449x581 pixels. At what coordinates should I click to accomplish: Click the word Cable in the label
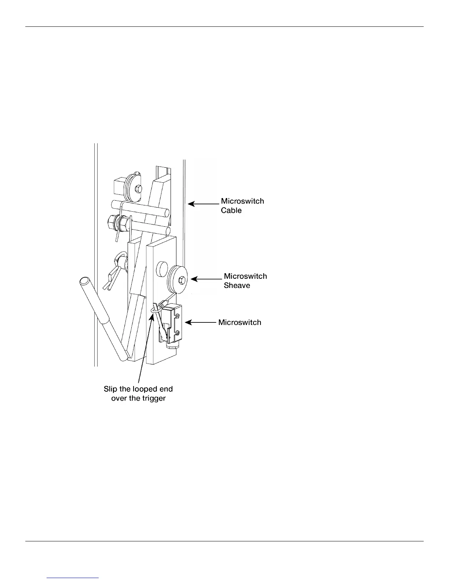[x=231, y=211]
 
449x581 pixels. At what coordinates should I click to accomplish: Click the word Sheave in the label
[x=237, y=285]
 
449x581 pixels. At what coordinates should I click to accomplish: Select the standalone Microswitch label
[x=240, y=322]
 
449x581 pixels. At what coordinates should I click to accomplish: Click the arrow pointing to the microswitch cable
[x=203, y=203]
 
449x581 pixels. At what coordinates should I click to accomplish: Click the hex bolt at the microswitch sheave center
[x=181, y=281]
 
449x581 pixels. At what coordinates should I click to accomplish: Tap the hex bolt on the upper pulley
[x=138, y=189]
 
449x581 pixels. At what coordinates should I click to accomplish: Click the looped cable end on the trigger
[x=156, y=310]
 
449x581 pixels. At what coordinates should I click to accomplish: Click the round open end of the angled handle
[x=84, y=282]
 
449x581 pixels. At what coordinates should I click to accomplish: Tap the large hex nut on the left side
[x=113, y=221]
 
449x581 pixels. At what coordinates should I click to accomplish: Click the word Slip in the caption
[x=111, y=389]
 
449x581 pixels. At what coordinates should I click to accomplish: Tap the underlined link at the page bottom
[x=73, y=578]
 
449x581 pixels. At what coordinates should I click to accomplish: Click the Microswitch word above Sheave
[x=245, y=276]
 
